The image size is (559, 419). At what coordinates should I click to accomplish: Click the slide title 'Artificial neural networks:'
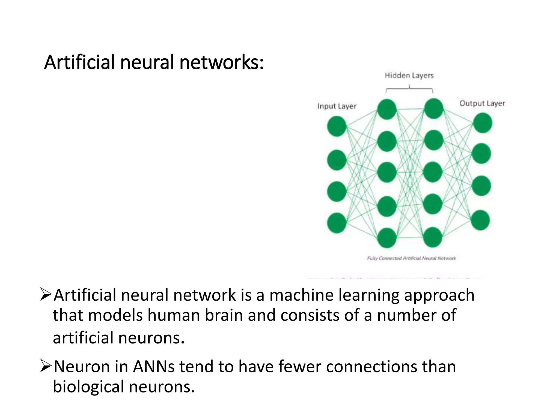154,62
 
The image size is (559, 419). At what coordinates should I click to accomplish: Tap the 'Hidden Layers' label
409,75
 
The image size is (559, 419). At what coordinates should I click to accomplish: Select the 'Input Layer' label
337,106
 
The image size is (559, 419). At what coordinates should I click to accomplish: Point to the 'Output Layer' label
482,103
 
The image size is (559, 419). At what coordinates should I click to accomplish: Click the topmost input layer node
337,126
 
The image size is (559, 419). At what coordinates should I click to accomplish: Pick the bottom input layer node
337,223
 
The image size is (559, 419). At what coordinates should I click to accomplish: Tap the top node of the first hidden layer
387,109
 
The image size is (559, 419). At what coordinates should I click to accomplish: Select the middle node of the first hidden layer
387,172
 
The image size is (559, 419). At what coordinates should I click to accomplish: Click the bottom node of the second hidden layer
433,237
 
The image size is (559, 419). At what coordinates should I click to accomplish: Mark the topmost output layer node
482,123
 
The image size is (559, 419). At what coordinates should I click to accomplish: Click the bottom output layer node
481,220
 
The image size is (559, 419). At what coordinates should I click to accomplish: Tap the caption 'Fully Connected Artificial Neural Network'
411,258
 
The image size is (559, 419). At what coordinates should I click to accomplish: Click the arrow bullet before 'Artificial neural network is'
46,295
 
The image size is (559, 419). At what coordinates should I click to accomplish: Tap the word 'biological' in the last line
88,387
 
